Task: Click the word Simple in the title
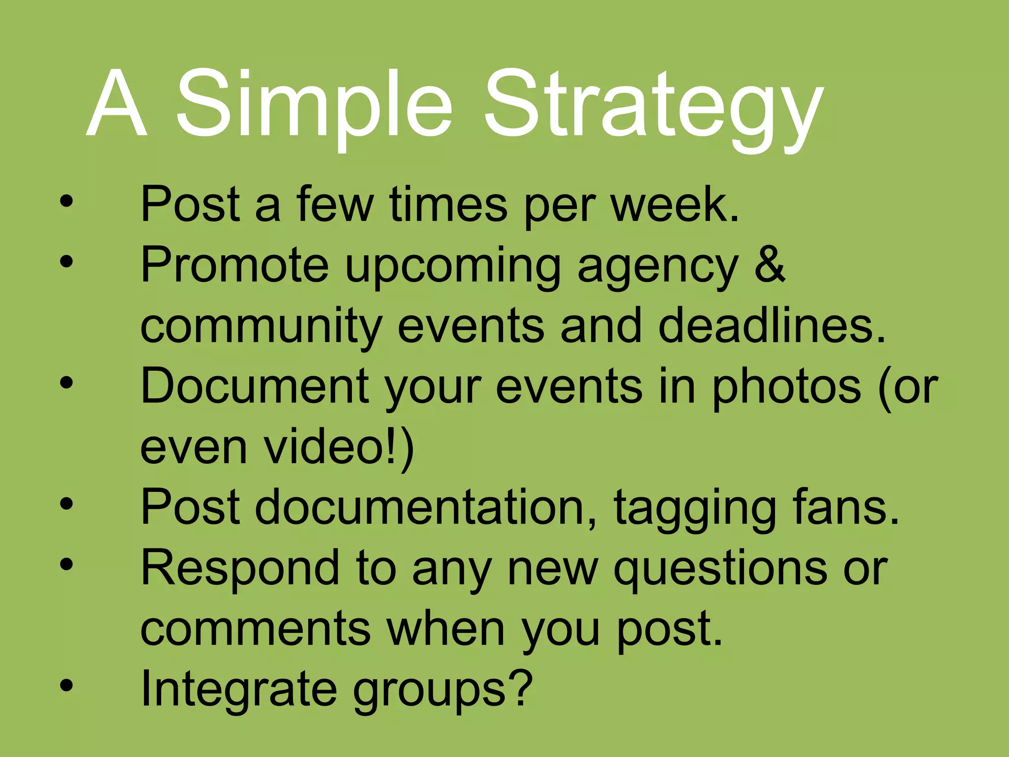314,104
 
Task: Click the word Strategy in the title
654,108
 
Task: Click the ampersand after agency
769,265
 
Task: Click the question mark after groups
521,688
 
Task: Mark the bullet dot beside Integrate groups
67,686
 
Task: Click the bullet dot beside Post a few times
67,201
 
